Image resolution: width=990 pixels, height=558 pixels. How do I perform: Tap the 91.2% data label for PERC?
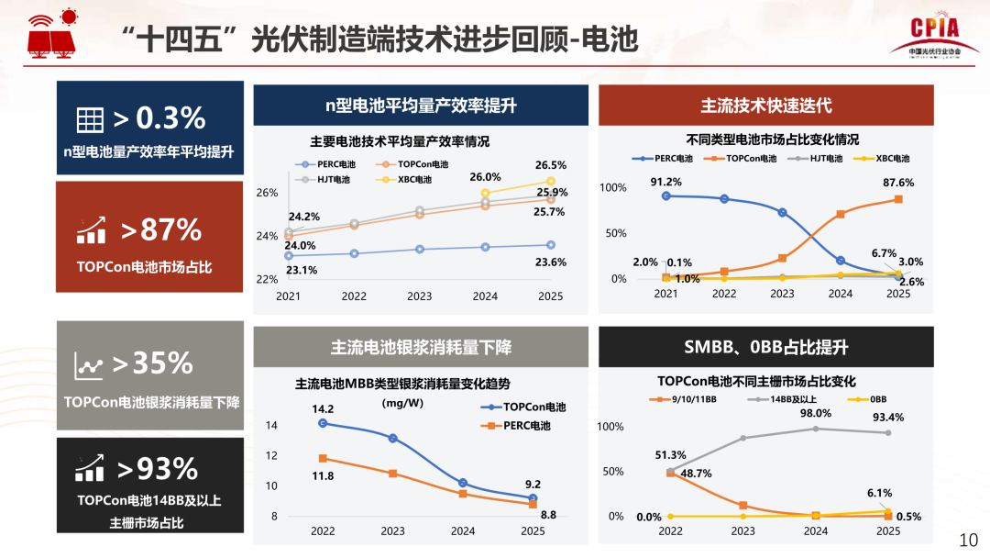[x=665, y=182]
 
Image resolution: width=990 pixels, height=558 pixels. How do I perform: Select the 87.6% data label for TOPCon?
[x=898, y=183]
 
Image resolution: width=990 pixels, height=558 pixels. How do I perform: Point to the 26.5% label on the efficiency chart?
[x=551, y=165]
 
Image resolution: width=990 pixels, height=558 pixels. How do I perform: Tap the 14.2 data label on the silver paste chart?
[x=323, y=409]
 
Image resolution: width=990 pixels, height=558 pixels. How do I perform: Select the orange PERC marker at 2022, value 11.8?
[x=323, y=458]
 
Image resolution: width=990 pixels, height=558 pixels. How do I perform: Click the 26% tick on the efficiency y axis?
[x=267, y=194]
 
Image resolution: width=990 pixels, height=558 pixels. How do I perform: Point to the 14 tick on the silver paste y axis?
[x=271, y=426]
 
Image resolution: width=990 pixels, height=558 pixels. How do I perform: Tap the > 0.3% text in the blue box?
[x=159, y=117]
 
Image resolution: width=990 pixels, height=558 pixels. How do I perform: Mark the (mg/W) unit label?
[x=402, y=402]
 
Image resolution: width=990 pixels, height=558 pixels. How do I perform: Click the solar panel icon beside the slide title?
[x=53, y=33]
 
